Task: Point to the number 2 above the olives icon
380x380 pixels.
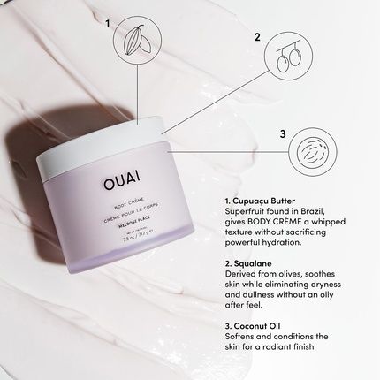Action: point(257,38)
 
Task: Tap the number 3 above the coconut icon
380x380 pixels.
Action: point(282,133)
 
